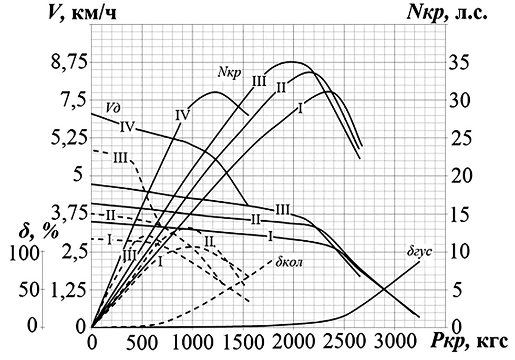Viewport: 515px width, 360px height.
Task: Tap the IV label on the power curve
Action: click(x=182, y=115)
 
